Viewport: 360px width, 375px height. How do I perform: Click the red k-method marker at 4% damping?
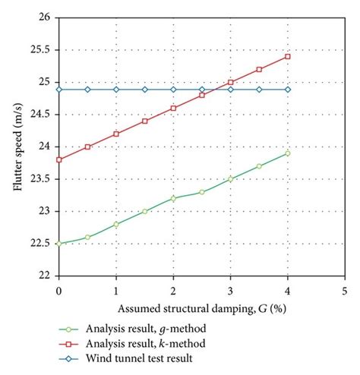pos(288,57)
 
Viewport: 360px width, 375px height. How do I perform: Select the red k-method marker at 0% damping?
pos(59,159)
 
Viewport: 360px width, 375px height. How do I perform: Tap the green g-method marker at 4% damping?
pos(288,153)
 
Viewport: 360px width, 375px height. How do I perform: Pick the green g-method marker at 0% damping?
pos(59,244)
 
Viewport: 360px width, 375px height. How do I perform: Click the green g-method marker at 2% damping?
pos(173,198)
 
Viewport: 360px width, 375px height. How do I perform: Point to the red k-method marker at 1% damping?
pos(116,134)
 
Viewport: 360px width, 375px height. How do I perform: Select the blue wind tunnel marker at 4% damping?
pos(288,90)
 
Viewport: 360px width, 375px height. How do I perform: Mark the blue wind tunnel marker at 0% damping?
pos(59,90)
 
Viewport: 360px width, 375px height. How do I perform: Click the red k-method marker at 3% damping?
pos(231,82)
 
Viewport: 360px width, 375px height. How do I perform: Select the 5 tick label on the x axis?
pos(345,291)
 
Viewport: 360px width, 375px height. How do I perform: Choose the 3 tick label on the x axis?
pos(231,291)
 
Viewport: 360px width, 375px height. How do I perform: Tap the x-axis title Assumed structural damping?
pos(202,309)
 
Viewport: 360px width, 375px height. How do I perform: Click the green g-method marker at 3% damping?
pos(231,179)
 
